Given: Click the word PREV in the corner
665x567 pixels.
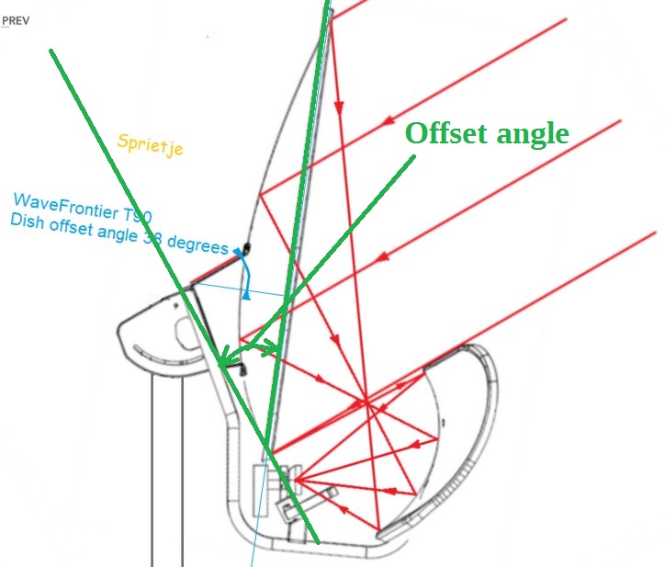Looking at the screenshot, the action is pyautogui.click(x=16, y=21).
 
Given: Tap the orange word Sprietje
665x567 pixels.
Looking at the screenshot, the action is pyautogui.click(x=150, y=144).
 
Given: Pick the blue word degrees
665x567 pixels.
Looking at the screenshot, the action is pyautogui.click(x=197, y=244).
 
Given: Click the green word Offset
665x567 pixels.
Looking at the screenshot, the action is pyautogui.click(x=447, y=133).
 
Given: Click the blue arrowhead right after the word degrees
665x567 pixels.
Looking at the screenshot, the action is pyautogui.click(x=238, y=253).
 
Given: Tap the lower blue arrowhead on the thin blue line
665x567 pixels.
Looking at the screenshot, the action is pyautogui.click(x=246, y=296).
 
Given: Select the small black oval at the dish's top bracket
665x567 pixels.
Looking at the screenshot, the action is pyautogui.click(x=246, y=248).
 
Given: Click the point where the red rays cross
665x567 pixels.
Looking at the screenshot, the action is pyautogui.click(x=366, y=402).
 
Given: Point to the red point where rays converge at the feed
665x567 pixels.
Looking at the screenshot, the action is pyautogui.click(x=295, y=480).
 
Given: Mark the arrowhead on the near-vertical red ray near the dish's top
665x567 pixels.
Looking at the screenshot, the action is pyautogui.click(x=338, y=107).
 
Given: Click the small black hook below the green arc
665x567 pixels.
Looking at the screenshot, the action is pyautogui.click(x=242, y=368).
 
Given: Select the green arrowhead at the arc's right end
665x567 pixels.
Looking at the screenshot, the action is pyautogui.click(x=272, y=346).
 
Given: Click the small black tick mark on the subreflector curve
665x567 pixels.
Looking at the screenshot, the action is pyautogui.click(x=444, y=423).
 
